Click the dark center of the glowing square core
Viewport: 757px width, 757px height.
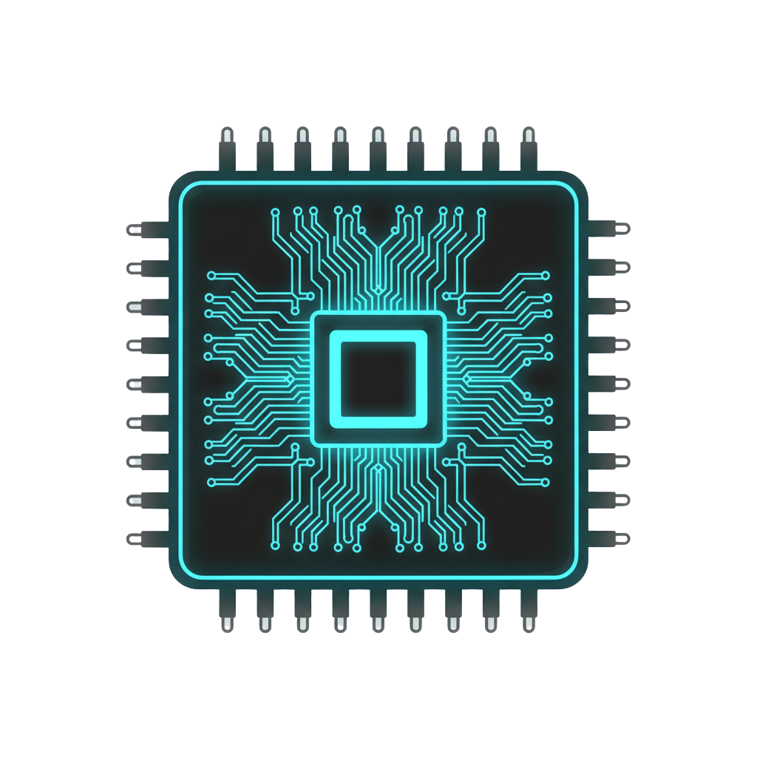pyautogui.click(x=378, y=378)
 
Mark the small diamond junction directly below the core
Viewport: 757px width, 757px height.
pyautogui.click(x=378, y=469)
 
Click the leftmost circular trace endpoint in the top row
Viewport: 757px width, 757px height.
pyautogui.click(x=275, y=211)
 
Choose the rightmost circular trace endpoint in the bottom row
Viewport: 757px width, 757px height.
pyautogui.click(x=481, y=546)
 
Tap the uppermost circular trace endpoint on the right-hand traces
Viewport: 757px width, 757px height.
pyautogui.click(x=546, y=275)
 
